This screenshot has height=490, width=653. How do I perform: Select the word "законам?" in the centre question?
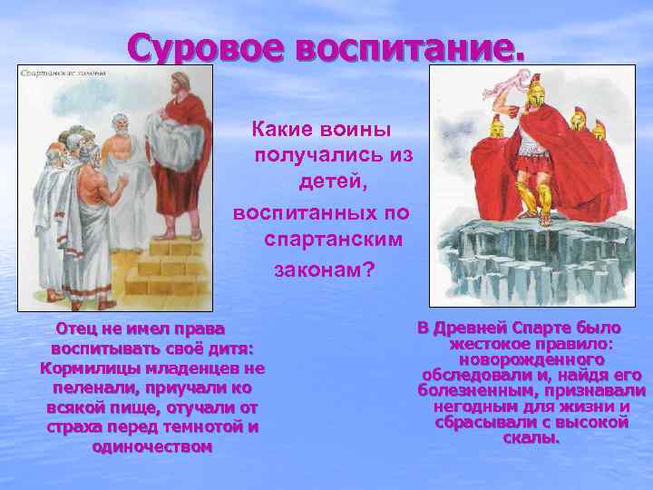pyautogui.click(x=326, y=270)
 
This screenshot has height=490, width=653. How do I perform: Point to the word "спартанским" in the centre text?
pyautogui.click(x=337, y=242)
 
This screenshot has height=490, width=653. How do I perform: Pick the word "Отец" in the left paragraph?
pyautogui.click(x=79, y=328)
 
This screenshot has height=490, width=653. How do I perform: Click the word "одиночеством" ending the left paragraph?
pyautogui.click(x=152, y=447)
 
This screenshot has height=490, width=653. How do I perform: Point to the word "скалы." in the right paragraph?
pyautogui.click(x=531, y=438)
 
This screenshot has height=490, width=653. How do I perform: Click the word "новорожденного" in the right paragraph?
pyautogui.click(x=532, y=360)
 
